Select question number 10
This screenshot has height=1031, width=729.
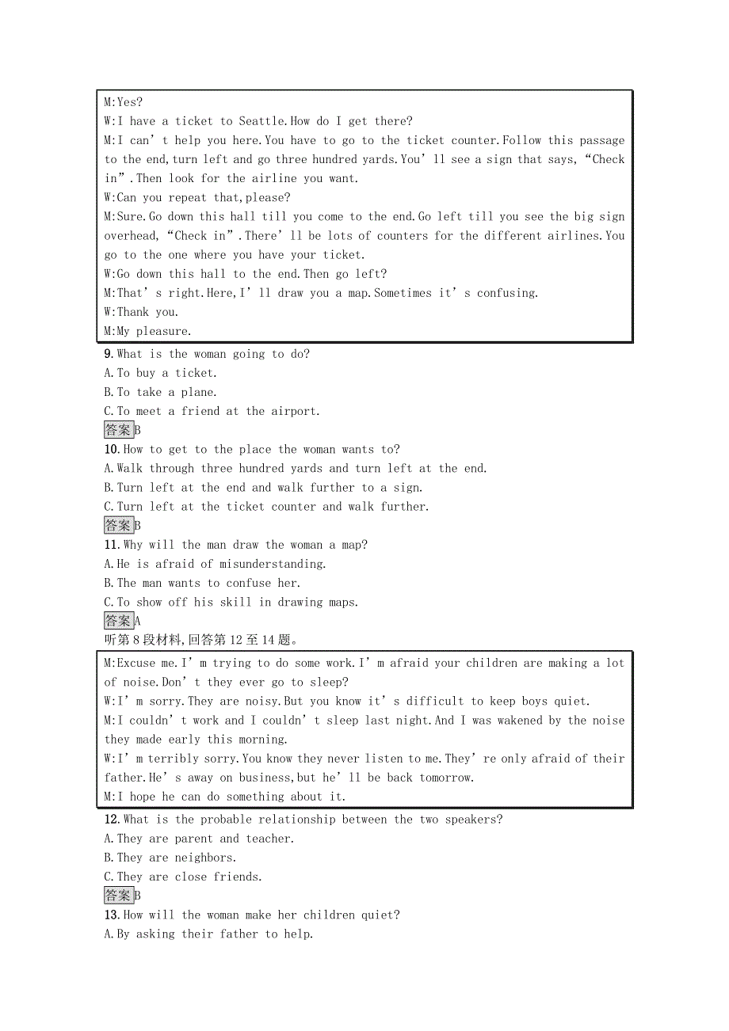[x=113, y=449]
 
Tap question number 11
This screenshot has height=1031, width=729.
[x=112, y=545]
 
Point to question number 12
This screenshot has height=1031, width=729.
[x=113, y=820]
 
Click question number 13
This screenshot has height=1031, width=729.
[x=113, y=915]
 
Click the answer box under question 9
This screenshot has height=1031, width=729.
[x=119, y=430]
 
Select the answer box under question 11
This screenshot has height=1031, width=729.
[x=119, y=621]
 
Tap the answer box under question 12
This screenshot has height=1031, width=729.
[x=119, y=896]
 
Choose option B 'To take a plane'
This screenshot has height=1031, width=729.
[x=160, y=392]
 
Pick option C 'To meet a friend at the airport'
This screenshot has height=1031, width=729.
[x=212, y=411]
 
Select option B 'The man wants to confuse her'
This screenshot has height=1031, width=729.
[x=202, y=583]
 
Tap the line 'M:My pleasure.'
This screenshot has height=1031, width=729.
[x=147, y=331]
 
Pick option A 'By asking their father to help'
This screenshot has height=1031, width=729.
[x=208, y=934]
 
